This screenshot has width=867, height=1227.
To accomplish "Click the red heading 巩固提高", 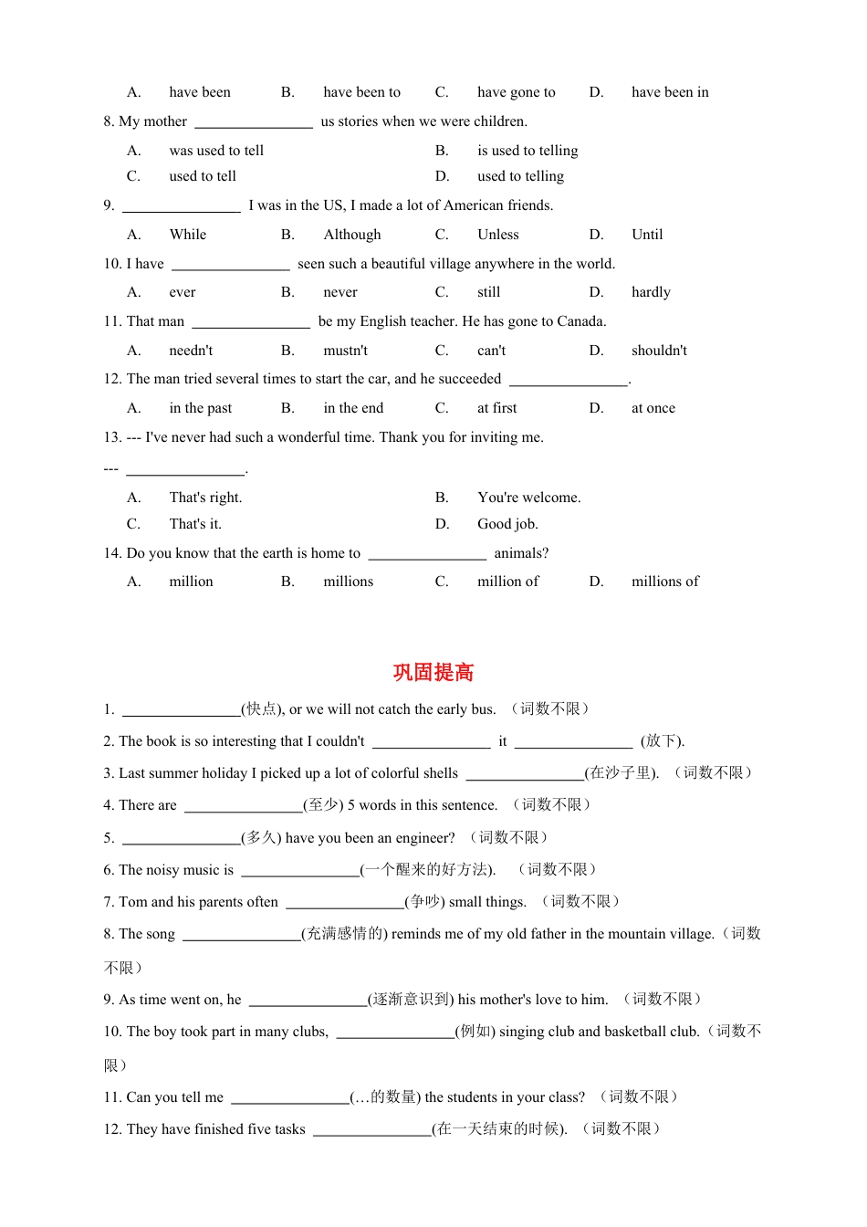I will (x=433, y=673).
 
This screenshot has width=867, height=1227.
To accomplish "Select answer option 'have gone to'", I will (x=516, y=92).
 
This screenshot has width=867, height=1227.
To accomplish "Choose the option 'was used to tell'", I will (x=216, y=151).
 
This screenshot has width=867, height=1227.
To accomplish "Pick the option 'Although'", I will (x=352, y=235).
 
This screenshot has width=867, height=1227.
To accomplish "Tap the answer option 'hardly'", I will (x=651, y=292).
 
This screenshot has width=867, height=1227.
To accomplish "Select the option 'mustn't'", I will (x=345, y=351).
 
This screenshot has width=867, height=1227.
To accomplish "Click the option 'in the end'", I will (x=353, y=408).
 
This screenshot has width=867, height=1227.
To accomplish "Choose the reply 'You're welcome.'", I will (x=528, y=498).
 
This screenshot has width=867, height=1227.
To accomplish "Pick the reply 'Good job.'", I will (x=507, y=524).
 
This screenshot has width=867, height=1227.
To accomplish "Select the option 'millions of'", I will (x=664, y=582).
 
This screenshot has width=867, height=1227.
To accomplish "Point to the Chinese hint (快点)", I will (x=261, y=709).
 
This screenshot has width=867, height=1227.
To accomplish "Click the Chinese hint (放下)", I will (x=662, y=741).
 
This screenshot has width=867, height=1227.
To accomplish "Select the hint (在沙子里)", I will (x=621, y=773).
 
